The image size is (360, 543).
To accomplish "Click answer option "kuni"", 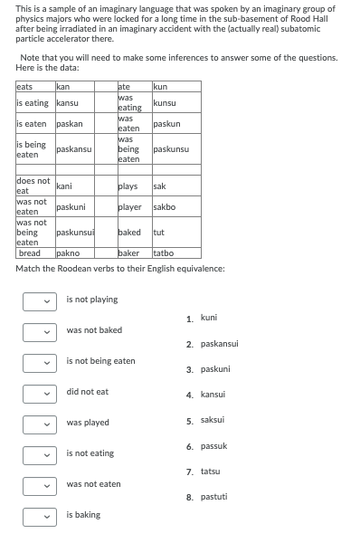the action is coord(208,318).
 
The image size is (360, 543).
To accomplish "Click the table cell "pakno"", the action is coord(68,253).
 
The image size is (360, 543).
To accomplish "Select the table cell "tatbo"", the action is coord(163,253).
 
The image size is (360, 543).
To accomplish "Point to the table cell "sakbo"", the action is coord(164,206).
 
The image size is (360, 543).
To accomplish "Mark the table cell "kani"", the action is coord(64,186).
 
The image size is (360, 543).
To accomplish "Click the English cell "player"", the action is coord(128,206).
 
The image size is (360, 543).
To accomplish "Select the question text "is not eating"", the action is coord(90,453).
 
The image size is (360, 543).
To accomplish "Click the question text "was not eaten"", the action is coord(93,484).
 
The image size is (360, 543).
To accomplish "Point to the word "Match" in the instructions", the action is coord(26,269).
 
